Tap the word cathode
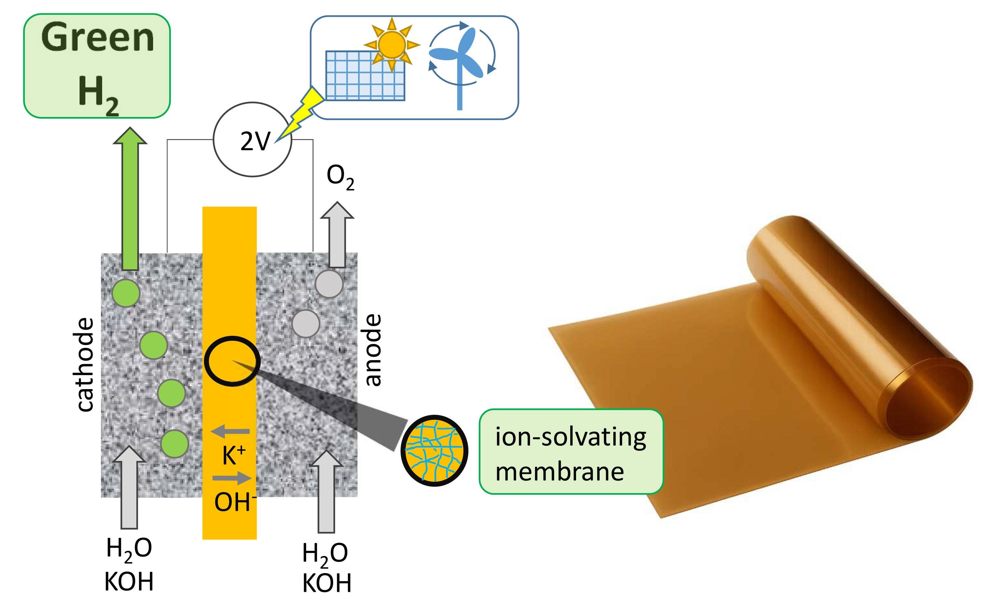(85, 365)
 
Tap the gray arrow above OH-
(232, 478)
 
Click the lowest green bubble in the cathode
(175, 443)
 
